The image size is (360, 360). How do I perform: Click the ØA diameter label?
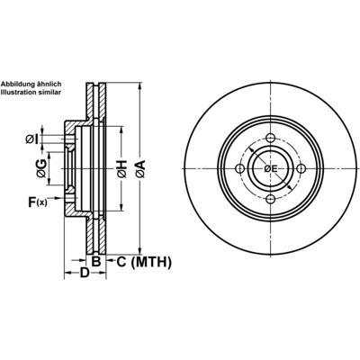140,169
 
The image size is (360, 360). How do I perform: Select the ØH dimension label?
121,169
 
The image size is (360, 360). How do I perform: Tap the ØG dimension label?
41,168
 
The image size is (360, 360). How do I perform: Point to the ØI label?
32,139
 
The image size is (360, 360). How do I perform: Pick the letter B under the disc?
95,262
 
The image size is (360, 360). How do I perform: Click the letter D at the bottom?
85,273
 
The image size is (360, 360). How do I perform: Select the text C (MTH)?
144,262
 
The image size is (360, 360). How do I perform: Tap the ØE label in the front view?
271,169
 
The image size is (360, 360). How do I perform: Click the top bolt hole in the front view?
271,139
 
